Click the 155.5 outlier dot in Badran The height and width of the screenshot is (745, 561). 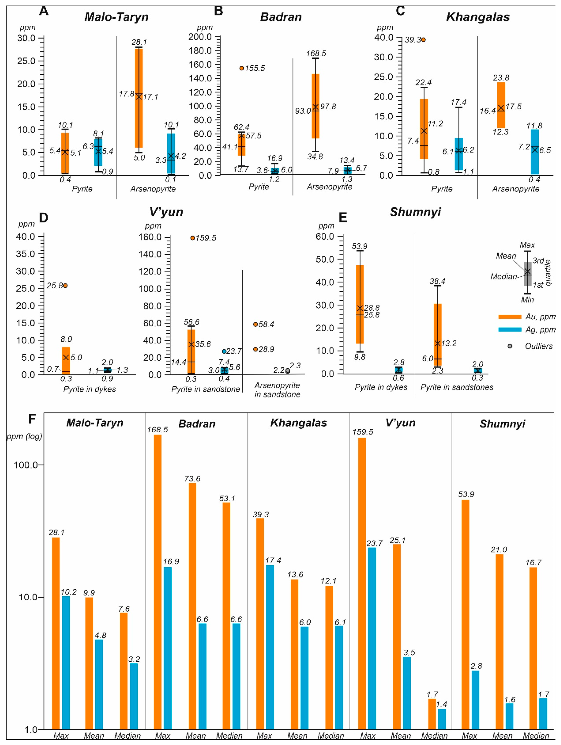click(242, 68)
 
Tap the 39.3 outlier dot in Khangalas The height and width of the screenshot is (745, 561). click(423, 40)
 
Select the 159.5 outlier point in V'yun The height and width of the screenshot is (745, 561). click(193, 238)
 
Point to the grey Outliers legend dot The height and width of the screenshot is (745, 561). click(510, 346)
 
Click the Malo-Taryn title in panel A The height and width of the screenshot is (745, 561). click(117, 17)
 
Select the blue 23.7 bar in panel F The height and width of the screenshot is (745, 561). click(372, 640)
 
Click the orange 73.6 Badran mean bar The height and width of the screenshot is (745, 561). click(193, 606)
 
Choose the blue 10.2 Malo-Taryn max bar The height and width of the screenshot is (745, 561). click(66, 663)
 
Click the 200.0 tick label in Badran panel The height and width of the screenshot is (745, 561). click(200, 37)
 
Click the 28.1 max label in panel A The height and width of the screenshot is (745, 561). click(139, 42)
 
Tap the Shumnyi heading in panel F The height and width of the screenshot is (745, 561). click(502, 424)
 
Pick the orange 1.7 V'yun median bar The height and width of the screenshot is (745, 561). click(432, 714)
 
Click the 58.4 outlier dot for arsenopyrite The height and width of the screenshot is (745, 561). click(255, 324)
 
